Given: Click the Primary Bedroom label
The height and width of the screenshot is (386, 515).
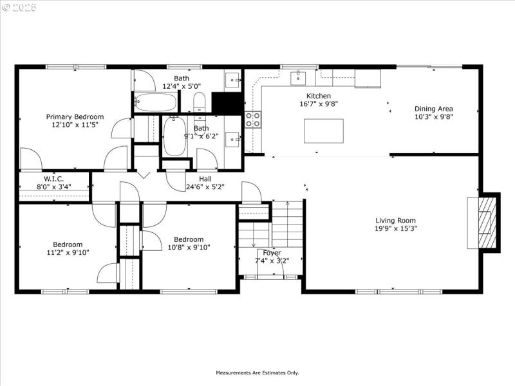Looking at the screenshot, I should (75, 116).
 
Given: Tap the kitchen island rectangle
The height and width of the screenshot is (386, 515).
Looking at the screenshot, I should (323, 131).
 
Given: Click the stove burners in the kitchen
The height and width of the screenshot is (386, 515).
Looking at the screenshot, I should (253, 120).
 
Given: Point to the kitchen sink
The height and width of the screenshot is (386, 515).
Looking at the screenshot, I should (298, 78).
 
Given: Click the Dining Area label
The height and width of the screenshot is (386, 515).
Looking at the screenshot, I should (433, 109).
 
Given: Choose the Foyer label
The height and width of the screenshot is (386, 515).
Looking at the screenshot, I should (272, 253).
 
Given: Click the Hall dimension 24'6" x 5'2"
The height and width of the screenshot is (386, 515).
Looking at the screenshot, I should (205, 187).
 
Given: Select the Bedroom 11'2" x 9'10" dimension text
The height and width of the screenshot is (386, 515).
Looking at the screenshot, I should (68, 253).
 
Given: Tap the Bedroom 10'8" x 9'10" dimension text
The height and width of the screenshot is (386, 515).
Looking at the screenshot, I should (189, 248).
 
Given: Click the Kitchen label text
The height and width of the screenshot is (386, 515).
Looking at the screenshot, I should (318, 96).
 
